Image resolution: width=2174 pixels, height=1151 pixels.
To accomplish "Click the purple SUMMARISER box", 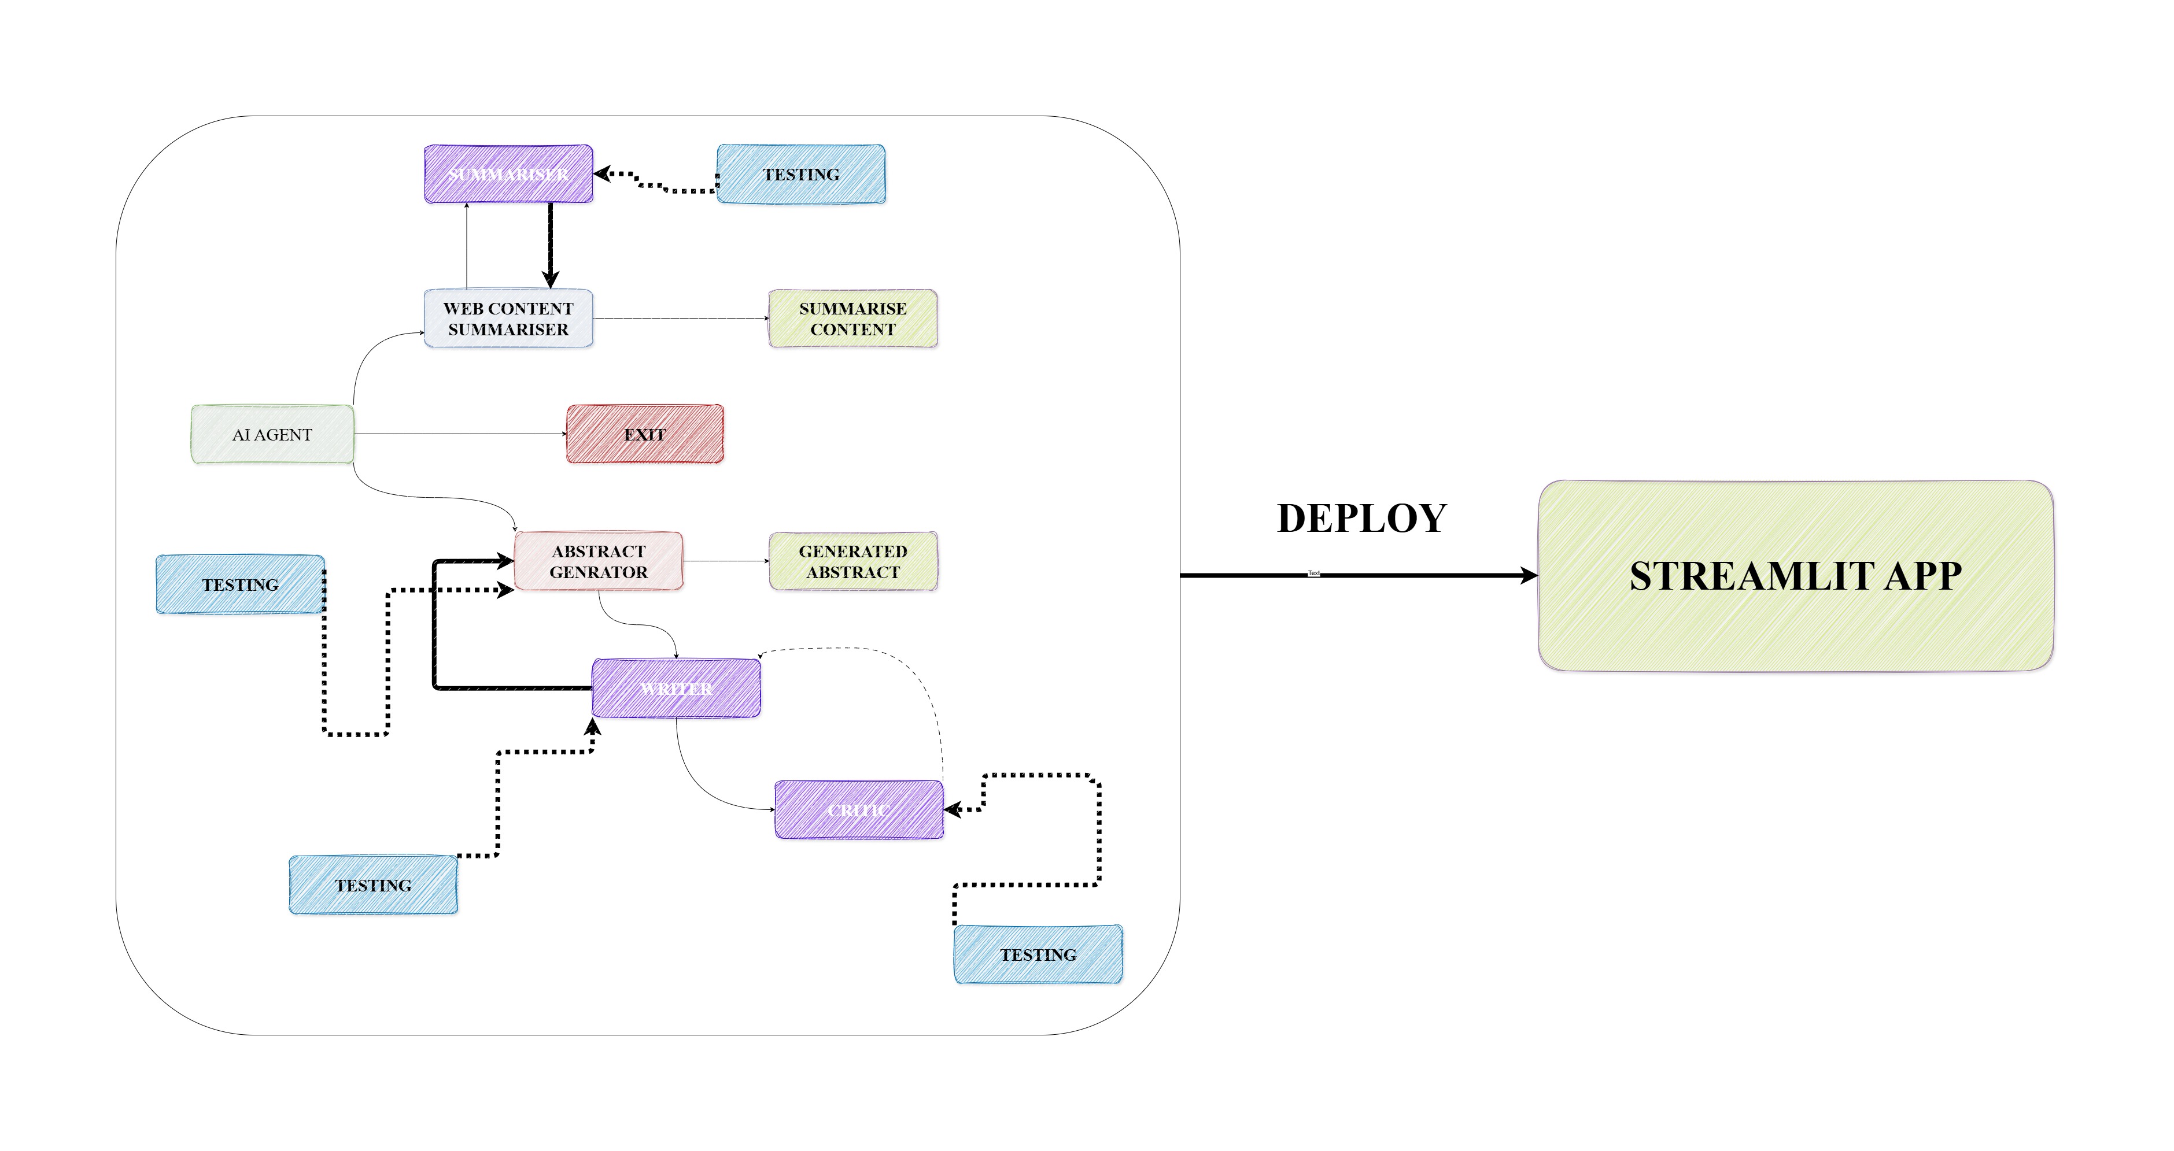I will [x=508, y=174].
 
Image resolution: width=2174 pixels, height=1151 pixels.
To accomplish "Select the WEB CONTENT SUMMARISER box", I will [x=508, y=318].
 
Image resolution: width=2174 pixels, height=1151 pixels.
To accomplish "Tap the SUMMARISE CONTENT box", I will [x=852, y=318].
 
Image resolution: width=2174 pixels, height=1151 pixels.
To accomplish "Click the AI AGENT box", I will [x=272, y=434].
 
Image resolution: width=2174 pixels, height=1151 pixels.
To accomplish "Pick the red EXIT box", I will [x=645, y=434].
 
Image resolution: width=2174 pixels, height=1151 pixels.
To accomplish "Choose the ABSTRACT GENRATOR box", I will [x=599, y=561].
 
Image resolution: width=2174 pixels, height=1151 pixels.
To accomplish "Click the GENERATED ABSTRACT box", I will [x=852, y=561].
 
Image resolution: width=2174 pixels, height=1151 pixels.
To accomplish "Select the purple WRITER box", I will [x=676, y=689].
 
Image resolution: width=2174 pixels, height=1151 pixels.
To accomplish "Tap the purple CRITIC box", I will [x=858, y=810].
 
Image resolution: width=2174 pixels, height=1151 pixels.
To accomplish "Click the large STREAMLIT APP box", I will [x=1795, y=576].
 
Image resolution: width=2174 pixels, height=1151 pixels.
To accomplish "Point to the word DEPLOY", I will [x=1361, y=518].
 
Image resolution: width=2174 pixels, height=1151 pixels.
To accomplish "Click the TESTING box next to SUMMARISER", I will [x=801, y=174].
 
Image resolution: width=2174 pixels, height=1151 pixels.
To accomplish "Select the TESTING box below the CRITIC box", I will [x=1038, y=954].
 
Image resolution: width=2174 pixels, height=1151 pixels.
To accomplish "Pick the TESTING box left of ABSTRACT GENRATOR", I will [x=239, y=584].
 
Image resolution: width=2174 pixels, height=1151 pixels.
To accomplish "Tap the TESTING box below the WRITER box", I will [x=373, y=885].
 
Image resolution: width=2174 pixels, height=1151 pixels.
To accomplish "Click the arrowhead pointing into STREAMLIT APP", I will [x=1529, y=576].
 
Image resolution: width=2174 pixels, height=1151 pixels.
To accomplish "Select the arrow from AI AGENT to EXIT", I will [x=460, y=434].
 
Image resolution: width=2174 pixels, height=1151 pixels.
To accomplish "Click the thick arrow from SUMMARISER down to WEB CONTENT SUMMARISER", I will [x=550, y=245].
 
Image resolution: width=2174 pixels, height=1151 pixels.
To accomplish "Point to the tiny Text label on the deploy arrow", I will [x=1313, y=573].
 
